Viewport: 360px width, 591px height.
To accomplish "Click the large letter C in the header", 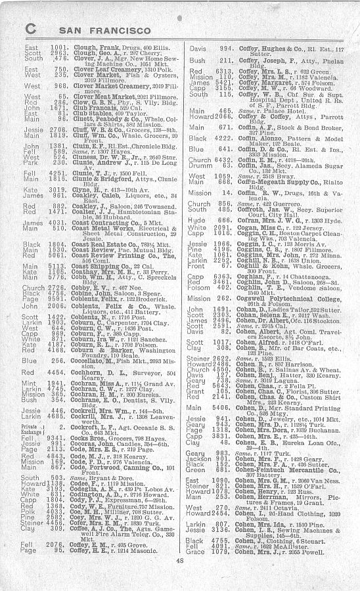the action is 31,28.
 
